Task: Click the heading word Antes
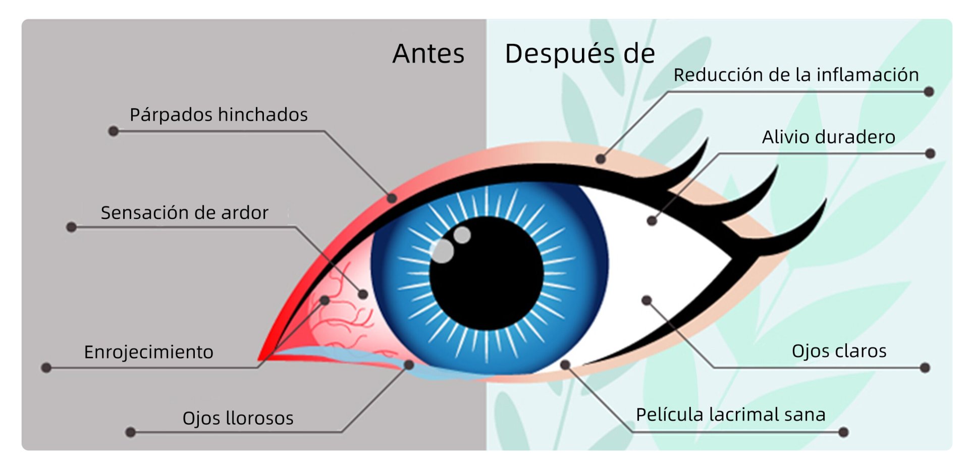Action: tap(428, 54)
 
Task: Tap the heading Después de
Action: tap(580, 54)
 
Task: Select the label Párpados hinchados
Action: tap(219, 115)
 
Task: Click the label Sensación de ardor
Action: tap(184, 213)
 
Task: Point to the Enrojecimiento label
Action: tap(148, 352)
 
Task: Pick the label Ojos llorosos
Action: tap(238, 418)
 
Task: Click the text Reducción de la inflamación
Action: tap(796, 75)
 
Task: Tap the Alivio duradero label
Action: tap(828, 137)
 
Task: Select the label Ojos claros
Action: tap(839, 351)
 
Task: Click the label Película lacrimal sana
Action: tap(730, 414)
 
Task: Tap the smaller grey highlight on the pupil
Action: tap(462, 235)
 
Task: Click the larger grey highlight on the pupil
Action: tap(443, 251)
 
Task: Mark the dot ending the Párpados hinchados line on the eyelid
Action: tap(392, 198)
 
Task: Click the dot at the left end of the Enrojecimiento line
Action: tap(46, 368)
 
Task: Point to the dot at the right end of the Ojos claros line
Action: tap(925, 368)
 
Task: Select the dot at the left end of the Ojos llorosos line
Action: tap(130, 432)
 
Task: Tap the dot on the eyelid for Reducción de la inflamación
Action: tap(600, 159)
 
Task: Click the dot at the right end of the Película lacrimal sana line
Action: tap(843, 432)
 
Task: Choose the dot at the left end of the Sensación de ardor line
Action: tap(72, 227)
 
